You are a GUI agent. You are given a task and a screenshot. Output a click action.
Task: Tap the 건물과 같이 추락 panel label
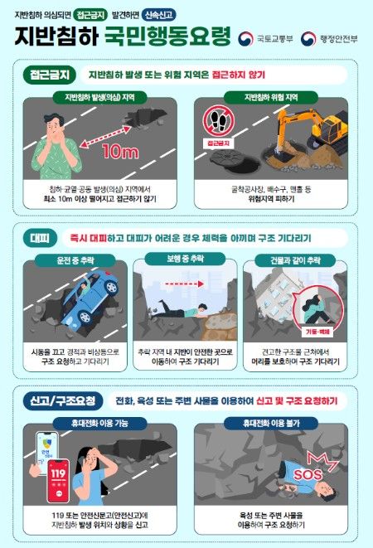[x=294, y=261]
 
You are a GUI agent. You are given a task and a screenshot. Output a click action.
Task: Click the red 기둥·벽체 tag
[x=318, y=330]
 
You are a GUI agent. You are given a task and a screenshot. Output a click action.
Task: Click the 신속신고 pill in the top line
[x=182, y=14]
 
